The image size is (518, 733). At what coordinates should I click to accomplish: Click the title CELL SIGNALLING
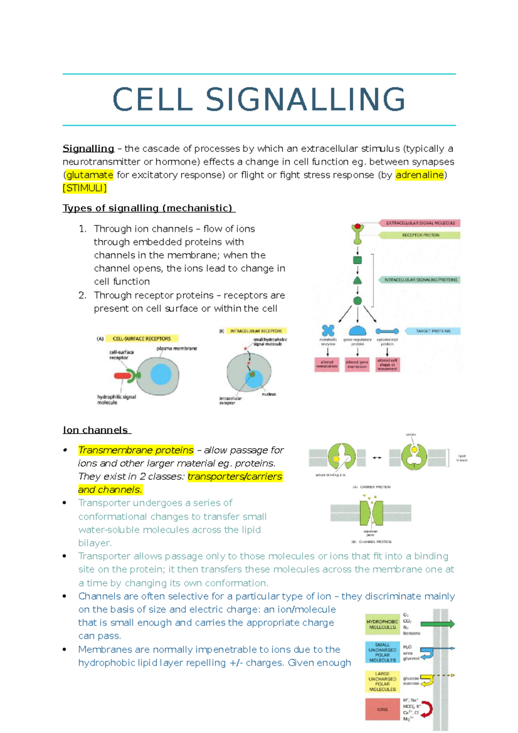tap(259, 100)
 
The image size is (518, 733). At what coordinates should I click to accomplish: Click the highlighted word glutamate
tap(90, 175)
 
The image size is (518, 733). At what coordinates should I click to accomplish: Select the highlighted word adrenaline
tap(420, 175)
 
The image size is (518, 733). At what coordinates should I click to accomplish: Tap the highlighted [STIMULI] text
tap(85, 188)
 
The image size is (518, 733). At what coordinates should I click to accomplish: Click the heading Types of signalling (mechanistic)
tap(148, 208)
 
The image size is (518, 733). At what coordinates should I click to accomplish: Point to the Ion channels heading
tap(96, 430)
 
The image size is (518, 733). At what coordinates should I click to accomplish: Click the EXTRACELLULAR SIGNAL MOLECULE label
tap(420, 223)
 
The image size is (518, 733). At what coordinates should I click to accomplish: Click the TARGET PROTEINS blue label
tap(433, 331)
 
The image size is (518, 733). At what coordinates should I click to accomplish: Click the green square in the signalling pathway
tap(357, 260)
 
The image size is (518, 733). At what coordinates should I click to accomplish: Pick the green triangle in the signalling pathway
tap(357, 281)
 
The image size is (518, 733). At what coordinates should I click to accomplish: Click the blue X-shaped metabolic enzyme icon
tap(328, 331)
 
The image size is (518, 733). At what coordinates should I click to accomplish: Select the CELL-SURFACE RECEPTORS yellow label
tap(142, 339)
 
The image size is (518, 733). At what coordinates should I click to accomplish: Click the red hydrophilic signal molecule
tap(123, 376)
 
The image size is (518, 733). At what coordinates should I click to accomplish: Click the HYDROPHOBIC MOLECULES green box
tap(382, 624)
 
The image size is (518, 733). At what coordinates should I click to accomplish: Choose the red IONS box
tap(382, 709)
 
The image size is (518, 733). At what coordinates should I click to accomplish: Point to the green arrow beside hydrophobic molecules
tap(437, 624)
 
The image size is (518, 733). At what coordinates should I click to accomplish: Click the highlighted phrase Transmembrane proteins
tap(136, 450)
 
